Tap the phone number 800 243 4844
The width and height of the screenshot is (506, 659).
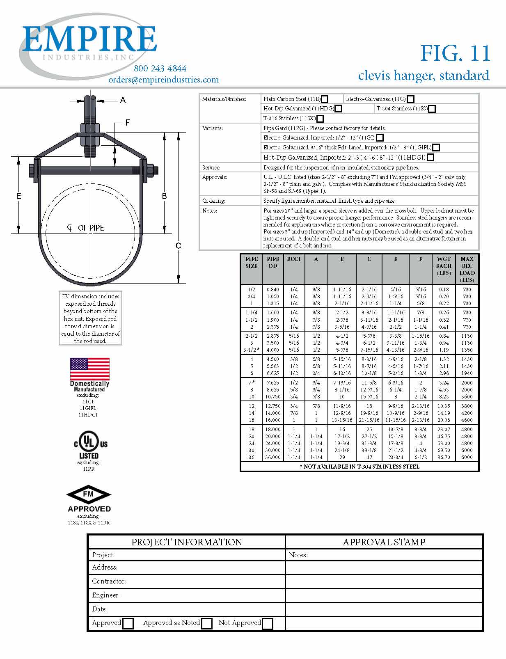(160, 69)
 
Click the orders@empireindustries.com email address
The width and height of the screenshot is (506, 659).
(163, 80)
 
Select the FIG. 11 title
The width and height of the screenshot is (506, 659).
(455, 53)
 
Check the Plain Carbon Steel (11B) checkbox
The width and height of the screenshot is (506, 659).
(325, 99)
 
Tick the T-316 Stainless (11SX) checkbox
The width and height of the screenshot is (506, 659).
(320, 119)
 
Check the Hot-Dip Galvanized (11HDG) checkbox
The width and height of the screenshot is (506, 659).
(339, 109)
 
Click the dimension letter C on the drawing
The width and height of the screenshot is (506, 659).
(178, 246)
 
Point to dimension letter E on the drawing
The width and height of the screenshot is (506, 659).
(18, 197)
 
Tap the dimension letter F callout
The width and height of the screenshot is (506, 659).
(128, 123)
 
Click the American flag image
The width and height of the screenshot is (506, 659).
(90, 368)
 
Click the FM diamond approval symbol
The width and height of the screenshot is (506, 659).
(89, 494)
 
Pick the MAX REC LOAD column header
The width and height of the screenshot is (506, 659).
(467, 269)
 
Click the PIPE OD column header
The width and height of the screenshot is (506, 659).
(273, 263)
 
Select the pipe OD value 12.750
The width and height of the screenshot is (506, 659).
(273, 406)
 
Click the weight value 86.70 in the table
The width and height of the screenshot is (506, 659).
(444, 457)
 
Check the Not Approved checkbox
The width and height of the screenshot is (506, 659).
(268, 624)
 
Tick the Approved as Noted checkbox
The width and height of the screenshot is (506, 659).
(207, 624)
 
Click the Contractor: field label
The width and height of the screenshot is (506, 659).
(109, 581)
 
